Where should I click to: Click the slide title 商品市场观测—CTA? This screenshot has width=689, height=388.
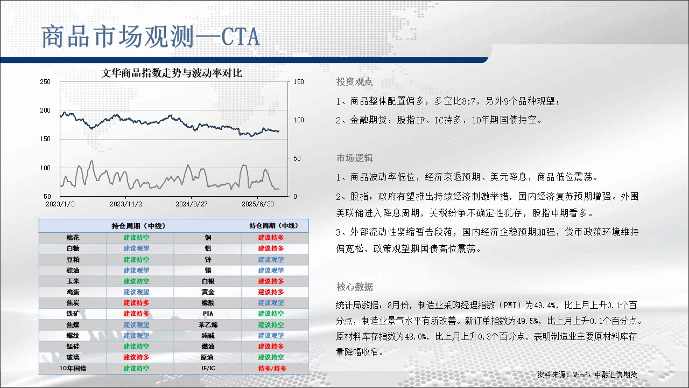(150, 37)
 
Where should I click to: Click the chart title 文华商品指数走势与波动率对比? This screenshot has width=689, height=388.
(172, 73)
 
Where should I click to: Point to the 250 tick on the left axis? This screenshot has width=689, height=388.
(45, 82)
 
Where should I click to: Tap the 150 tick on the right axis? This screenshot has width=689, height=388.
(299, 82)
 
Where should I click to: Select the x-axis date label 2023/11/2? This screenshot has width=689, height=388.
(126, 204)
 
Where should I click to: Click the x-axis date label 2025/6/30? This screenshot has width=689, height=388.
(258, 204)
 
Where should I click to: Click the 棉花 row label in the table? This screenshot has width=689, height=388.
(73, 238)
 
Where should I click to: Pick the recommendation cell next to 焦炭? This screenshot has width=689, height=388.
(136, 303)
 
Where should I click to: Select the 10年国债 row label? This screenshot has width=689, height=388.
(73, 368)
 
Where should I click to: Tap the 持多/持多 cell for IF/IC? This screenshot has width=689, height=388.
(272, 368)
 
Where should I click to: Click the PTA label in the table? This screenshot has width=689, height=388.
(208, 314)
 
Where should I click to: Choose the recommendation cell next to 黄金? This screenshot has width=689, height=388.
(271, 292)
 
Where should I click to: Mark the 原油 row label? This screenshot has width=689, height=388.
(207, 357)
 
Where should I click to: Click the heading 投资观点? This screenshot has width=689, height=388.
(354, 81)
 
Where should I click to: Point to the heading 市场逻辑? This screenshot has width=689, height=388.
(354, 158)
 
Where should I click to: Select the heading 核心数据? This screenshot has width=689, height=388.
(354, 287)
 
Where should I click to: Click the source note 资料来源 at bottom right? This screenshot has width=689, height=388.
(587, 375)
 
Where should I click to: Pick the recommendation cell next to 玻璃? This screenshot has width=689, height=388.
(136, 357)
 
